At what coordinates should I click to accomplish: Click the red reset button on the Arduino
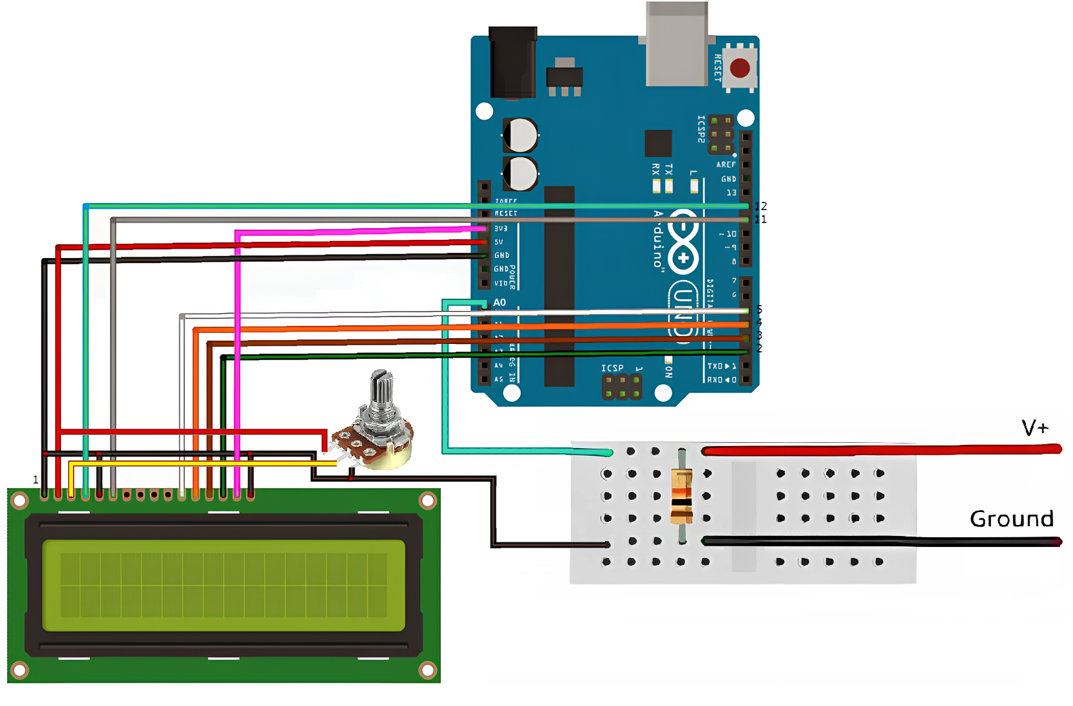click(739, 68)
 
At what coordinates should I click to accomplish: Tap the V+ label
click(1034, 428)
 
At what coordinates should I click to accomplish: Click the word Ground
click(1012, 519)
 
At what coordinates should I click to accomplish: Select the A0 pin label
click(500, 303)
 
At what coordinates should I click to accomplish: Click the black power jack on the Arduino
click(513, 61)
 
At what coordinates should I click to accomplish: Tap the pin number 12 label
click(761, 206)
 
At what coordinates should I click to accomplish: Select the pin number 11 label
click(761, 220)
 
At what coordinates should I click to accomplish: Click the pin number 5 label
click(760, 310)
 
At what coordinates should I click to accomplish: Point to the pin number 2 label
click(760, 348)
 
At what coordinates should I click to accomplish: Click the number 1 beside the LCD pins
click(36, 480)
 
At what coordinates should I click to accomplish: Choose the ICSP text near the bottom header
click(612, 368)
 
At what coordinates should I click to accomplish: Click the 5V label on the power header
click(499, 242)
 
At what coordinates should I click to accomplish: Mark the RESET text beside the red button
click(718, 68)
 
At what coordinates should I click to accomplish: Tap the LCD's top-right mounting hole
click(427, 500)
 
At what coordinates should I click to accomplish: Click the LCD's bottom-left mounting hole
click(20, 670)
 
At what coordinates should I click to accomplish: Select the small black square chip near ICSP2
click(658, 143)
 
